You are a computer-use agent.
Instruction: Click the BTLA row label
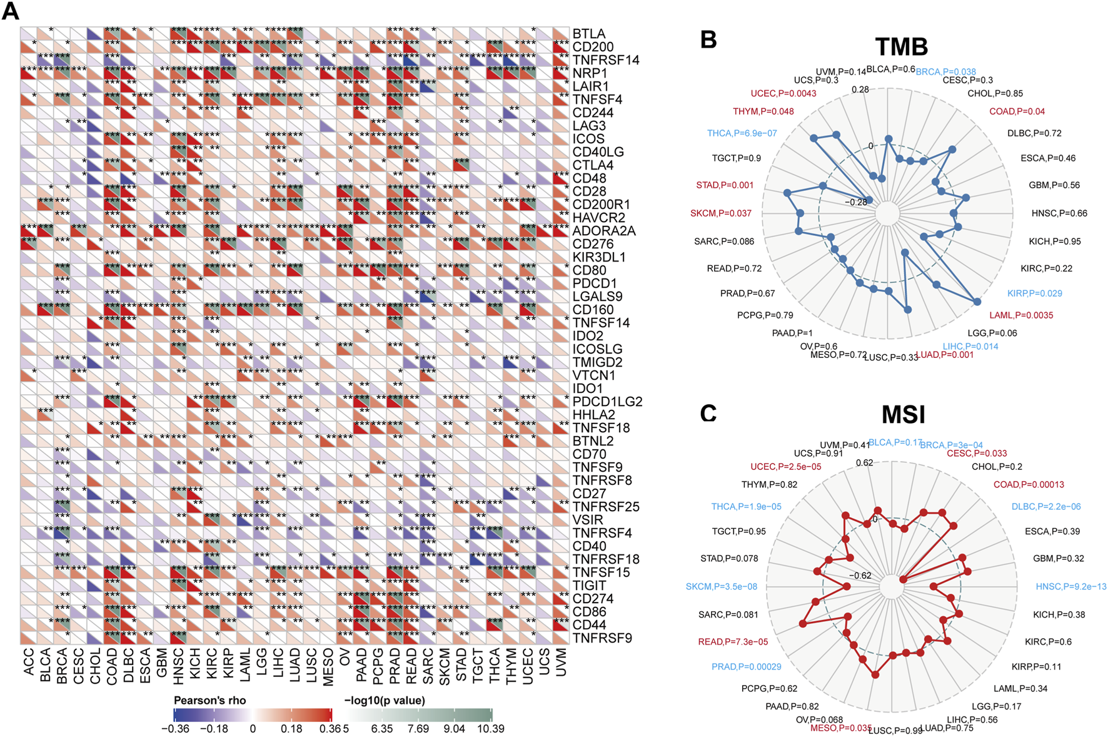pos(588,34)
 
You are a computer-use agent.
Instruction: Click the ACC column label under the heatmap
pos(29,662)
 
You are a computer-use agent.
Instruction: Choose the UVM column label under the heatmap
pos(561,662)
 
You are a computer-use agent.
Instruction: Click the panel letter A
pos(11,11)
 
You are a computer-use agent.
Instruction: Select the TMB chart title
pos(901,47)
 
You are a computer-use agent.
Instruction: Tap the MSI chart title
pos(903,415)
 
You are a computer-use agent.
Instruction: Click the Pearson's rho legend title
pos(210,700)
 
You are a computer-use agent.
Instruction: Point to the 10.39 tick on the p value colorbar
pos(491,729)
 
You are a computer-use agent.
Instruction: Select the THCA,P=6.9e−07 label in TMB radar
pos(742,133)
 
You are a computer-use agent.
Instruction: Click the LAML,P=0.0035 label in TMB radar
pos(1020,315)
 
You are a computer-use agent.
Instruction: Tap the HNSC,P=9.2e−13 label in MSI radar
pos(1070,586)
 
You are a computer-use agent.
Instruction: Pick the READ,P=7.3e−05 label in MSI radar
pos(733,642)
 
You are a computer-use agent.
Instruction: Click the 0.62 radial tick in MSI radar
pos(864,463)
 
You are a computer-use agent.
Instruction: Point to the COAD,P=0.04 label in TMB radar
pos(1017,111)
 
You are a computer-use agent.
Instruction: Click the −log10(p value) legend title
pos(385,700)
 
